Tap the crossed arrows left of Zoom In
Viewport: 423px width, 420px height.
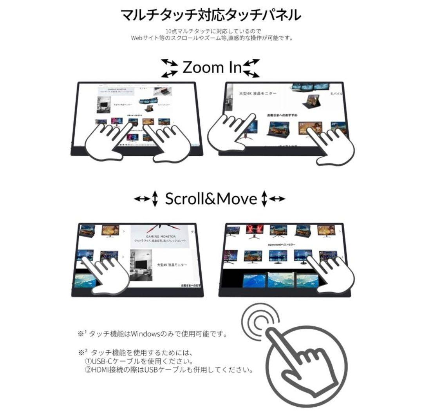[x=170, y=68]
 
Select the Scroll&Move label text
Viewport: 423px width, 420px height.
[x=211, y=199]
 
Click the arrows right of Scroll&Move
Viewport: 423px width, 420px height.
[x=273, y=199]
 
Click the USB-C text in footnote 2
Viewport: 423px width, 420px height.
[x=100, y=361]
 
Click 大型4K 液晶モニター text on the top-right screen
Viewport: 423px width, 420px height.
[x=258, y=94]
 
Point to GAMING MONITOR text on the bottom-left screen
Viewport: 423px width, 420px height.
[x=161, y=237]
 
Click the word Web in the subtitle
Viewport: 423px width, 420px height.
[x=136, y=38]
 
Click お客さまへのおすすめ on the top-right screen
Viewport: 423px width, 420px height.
[x=282, y=116]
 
